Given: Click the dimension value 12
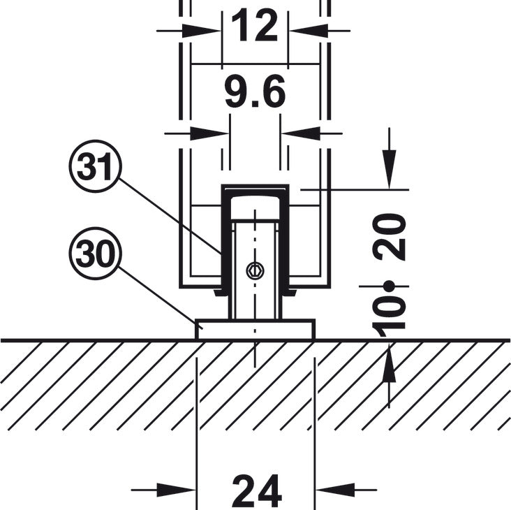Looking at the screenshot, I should click(x=255, y=28).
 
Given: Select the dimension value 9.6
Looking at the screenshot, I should click(x=255, y=94).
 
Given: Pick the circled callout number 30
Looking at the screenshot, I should click(x=96, y=256).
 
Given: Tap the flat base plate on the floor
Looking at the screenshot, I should click(x=255, y=330).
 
